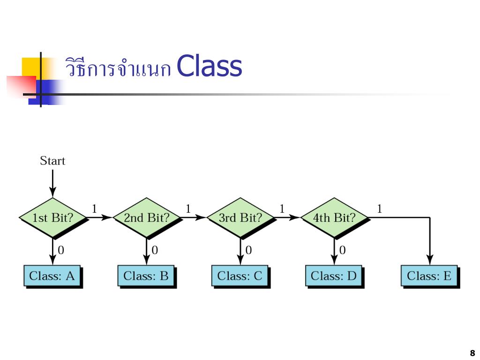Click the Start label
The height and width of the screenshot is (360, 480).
52,161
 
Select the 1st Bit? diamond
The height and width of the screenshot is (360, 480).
53,218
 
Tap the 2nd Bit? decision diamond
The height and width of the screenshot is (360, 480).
147,218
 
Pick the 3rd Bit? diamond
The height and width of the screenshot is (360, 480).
240,218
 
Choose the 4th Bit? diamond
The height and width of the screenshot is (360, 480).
334,218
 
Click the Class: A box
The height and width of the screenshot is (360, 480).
52,276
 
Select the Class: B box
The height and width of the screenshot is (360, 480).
146,276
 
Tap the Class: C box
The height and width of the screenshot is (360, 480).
240,276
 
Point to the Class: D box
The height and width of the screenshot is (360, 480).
334,276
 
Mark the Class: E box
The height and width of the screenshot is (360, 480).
429,276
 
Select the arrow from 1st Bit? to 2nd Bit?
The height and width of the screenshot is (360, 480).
99,217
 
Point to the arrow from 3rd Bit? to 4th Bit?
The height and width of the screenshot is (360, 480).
287,217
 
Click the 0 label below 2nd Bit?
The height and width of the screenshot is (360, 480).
155,250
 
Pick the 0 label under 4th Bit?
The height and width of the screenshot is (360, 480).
342,250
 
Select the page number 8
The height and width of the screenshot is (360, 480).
472,353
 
